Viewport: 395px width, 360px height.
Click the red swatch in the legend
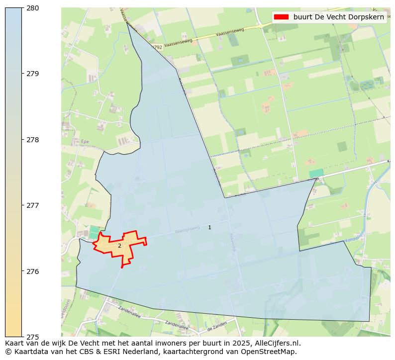pos(281,17)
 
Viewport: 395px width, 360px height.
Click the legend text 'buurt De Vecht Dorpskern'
pos(338,17)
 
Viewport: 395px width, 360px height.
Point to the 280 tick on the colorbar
pos(33,8)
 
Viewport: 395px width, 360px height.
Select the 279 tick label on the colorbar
pos(33,74)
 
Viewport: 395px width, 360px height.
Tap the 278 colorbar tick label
pos(33,140)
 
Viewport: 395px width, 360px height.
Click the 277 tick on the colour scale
pos(33,205)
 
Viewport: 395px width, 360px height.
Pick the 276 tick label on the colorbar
pos(33,271)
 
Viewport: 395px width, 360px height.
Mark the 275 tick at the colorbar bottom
pos(33,337)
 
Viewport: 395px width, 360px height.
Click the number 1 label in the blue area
pos(209,227)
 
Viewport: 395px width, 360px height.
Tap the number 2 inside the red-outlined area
pos(119,246)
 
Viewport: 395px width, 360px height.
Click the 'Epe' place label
pos(84,142)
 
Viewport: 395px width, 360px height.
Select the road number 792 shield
pos(158,47)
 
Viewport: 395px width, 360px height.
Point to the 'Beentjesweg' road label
pos(187,231)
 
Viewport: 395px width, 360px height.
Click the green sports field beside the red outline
pos(94,232)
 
